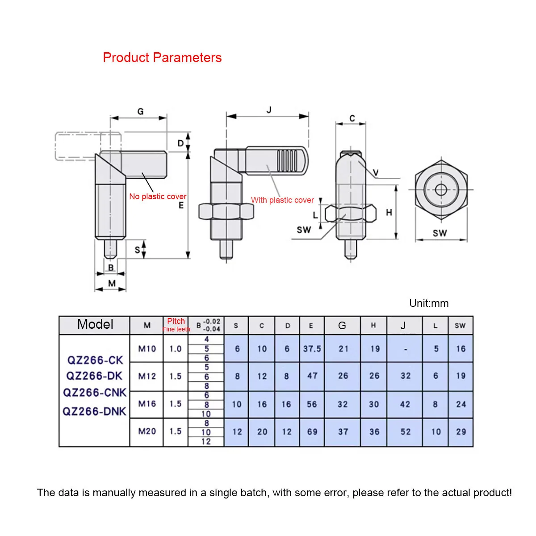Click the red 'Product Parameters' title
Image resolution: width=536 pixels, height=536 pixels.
coord(162,58)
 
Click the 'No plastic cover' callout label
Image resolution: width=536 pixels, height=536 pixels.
coord(158,197)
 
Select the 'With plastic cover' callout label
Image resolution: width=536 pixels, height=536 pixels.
coord(282,200)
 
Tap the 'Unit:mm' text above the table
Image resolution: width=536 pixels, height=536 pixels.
coord(429,303)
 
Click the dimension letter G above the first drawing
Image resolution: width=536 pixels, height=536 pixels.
coord(140,111)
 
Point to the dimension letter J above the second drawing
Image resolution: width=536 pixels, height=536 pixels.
coord(269,109)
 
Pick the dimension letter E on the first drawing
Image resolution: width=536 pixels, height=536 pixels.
coord(181,205)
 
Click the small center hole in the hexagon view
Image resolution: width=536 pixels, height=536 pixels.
coord(441,190)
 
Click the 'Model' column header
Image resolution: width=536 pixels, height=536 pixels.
coord(95,324)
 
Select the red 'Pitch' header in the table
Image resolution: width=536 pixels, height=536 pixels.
coord(176,321)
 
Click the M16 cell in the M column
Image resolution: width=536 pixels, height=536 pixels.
coord(147,404)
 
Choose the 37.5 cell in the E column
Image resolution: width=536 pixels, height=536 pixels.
coord(312,349)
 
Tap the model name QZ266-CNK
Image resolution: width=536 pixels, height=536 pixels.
coord(95,393)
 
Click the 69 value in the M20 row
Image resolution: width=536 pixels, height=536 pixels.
coord(312,432)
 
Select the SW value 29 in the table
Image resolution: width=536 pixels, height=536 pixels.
coord(461,432)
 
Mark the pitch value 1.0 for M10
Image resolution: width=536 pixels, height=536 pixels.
coord(176,349)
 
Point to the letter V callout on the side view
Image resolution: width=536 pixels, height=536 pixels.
coord(375,173)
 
